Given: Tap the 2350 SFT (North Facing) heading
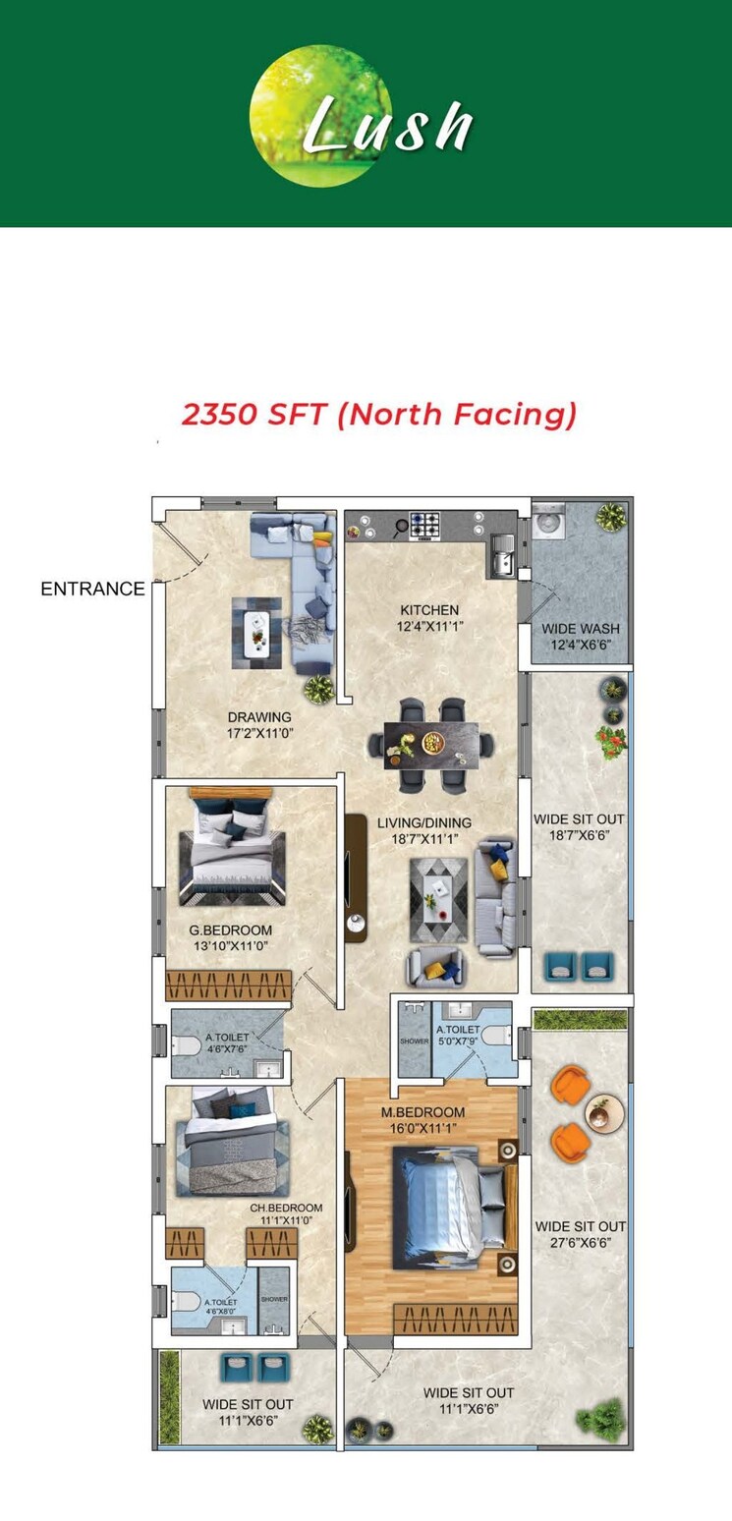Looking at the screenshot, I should click(378, 414).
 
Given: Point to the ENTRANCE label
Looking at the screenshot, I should click(92, 590).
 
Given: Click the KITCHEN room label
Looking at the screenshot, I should click(428, 610).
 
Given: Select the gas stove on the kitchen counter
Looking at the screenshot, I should click(423, 525).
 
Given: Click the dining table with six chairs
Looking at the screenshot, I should click(430, 745).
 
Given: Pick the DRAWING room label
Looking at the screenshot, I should click(259, 717).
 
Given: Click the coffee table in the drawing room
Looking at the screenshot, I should click(255, 634).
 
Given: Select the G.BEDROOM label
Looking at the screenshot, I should click(231, 929).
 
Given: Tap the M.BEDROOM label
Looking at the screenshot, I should click(423, 1112).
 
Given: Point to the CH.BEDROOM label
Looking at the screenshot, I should click(286, 1208).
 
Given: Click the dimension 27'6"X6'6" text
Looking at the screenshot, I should click(580, 1242).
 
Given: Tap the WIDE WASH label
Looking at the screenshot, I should click(581, 629).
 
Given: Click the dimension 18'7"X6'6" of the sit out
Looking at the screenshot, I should click(579, 835).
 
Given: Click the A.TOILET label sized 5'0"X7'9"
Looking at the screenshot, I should click(458, 1029).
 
